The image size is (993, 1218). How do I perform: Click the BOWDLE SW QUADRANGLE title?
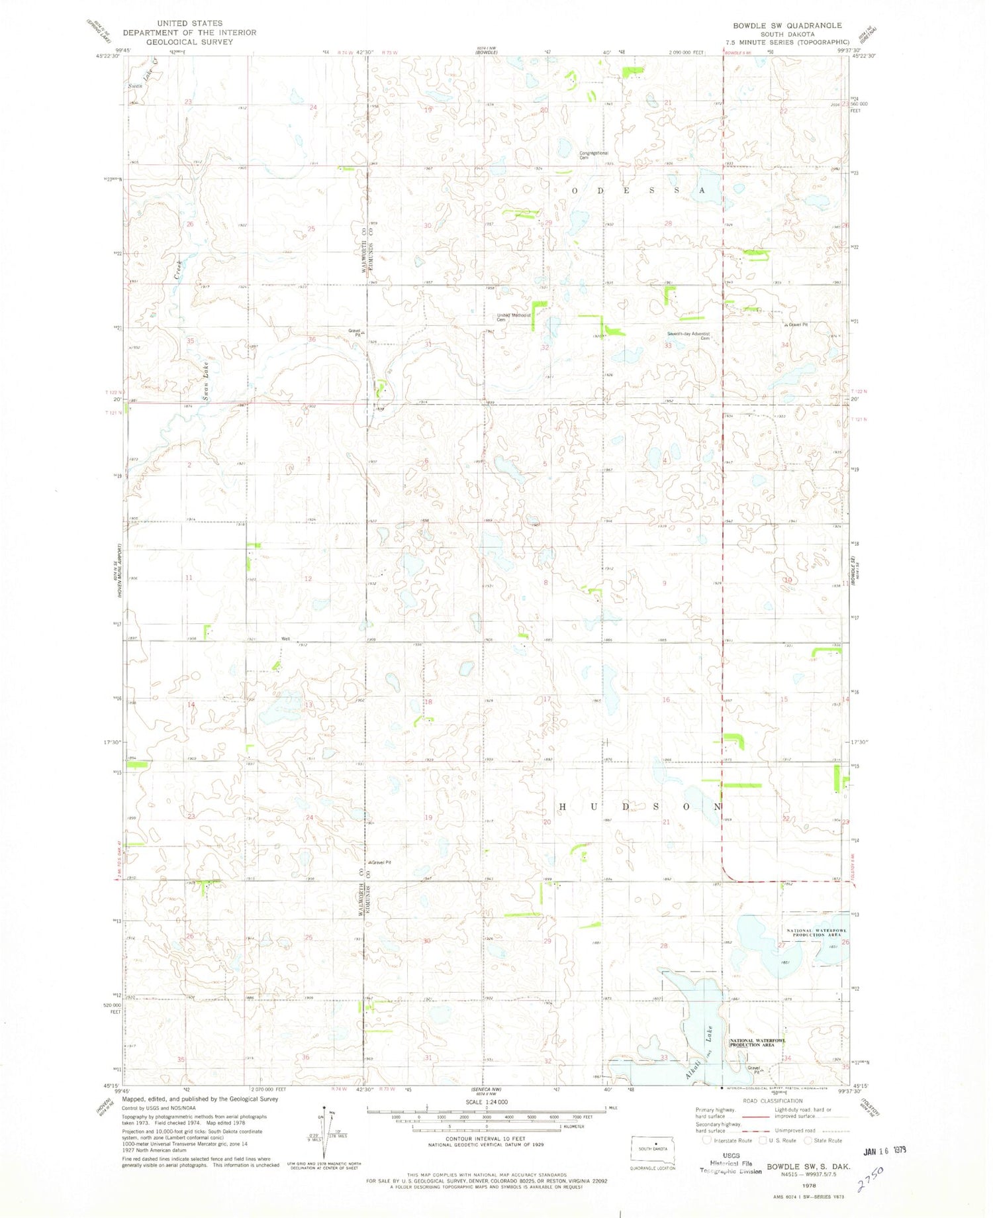[787, 25]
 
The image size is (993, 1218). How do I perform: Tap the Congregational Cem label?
[594, 156]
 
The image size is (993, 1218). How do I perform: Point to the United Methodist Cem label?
[514, 317]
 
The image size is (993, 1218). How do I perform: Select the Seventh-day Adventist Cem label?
[688, 336]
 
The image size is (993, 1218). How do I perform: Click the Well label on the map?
[286, 639]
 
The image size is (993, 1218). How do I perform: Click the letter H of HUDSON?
[563, 807]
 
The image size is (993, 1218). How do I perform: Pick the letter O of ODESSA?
[575, 190]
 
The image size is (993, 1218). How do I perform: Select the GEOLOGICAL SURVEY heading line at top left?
[189, 42]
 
